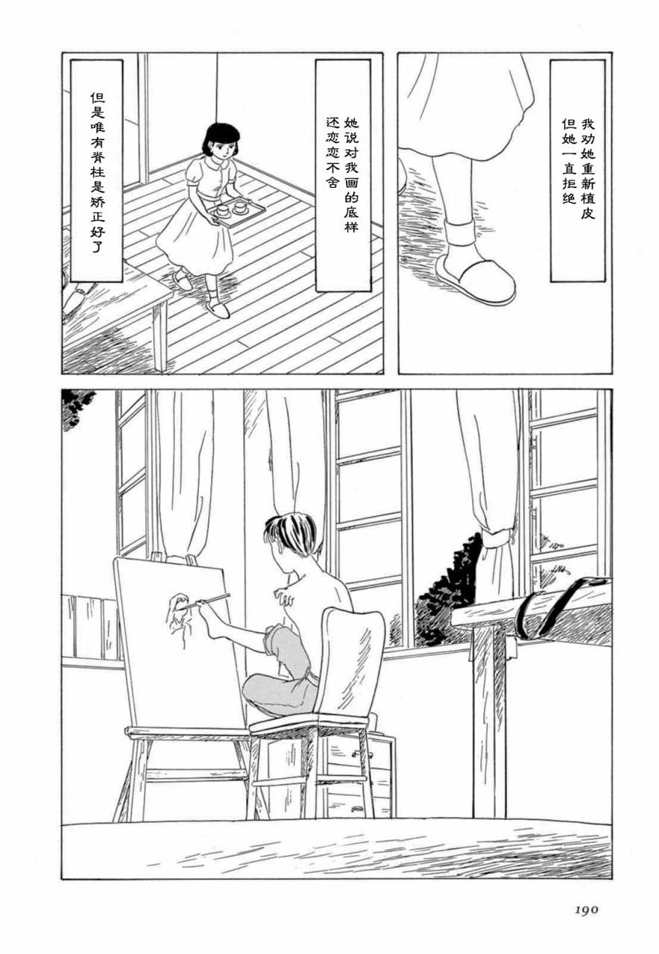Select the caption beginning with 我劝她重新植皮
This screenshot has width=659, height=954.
coord(578,171)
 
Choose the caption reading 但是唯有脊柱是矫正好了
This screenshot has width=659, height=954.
coord(97,171)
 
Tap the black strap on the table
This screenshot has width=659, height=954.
coord(553,607)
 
